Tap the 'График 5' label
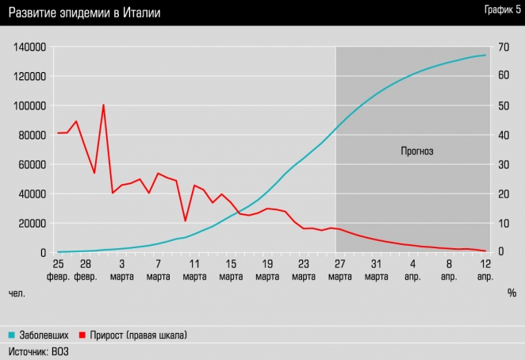(497, 10)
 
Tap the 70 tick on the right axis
(502, 47)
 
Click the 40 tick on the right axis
(502, 135)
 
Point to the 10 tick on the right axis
(501, 223)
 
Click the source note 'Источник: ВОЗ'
(38, 350)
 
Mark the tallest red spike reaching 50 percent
(103, 105)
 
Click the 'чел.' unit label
(17, 293)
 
